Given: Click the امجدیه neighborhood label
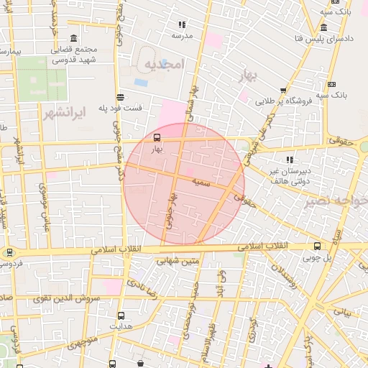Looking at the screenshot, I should click(165, 65).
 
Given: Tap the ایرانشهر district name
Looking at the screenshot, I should click(64, 114).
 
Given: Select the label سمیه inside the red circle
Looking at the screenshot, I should click(201, 183).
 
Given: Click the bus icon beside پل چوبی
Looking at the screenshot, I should click(317, 246).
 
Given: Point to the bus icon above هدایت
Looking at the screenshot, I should click(120, 315).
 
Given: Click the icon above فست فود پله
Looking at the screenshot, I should click(119, 97).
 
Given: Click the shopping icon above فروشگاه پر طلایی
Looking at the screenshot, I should click(282, 91).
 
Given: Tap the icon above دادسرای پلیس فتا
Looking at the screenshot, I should click(324, 27).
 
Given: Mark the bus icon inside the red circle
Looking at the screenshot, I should click(157, 137).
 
